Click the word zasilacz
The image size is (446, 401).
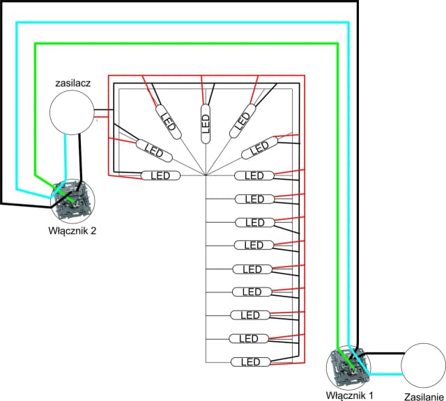(x=71, y=83)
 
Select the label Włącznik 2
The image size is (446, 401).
(x=72, y=230)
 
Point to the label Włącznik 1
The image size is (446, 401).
(x=350, y=395)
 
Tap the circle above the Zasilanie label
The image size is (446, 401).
(x=423, y=365)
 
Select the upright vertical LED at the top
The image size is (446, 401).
(x=206, y=123)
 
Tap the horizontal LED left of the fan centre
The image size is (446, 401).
(x=161, y=175)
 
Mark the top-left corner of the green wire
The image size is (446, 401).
(x=35, y=44)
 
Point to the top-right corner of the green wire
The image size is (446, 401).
(x=338, y=44)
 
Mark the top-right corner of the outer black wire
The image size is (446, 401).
(x=357, y=2)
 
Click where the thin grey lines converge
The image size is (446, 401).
(x=206, y=175)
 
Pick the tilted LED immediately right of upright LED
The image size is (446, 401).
(x=243, y=117)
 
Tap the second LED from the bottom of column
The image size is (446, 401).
(x=249, y=338)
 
